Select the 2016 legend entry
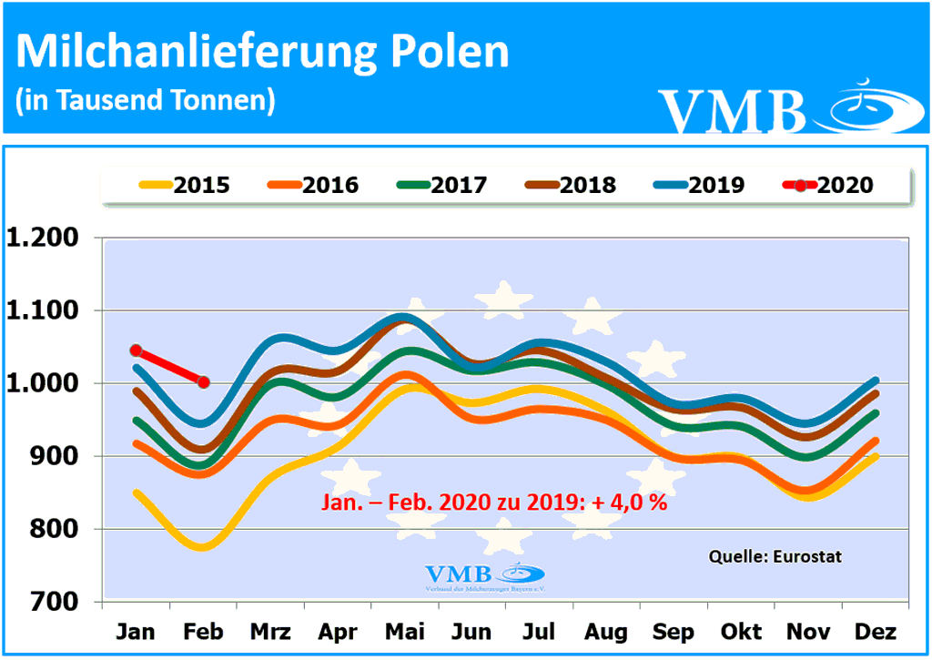[314, 186]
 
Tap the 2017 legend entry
[443, 186]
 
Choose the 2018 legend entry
[572, 186]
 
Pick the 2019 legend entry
[700, 186]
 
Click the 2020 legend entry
[829, 186]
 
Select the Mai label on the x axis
[404, 631]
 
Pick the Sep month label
[674, 631]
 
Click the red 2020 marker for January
[136, 350]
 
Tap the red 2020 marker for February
[203, 382]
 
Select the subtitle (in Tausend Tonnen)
[146, 100]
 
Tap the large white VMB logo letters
[733, 110]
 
